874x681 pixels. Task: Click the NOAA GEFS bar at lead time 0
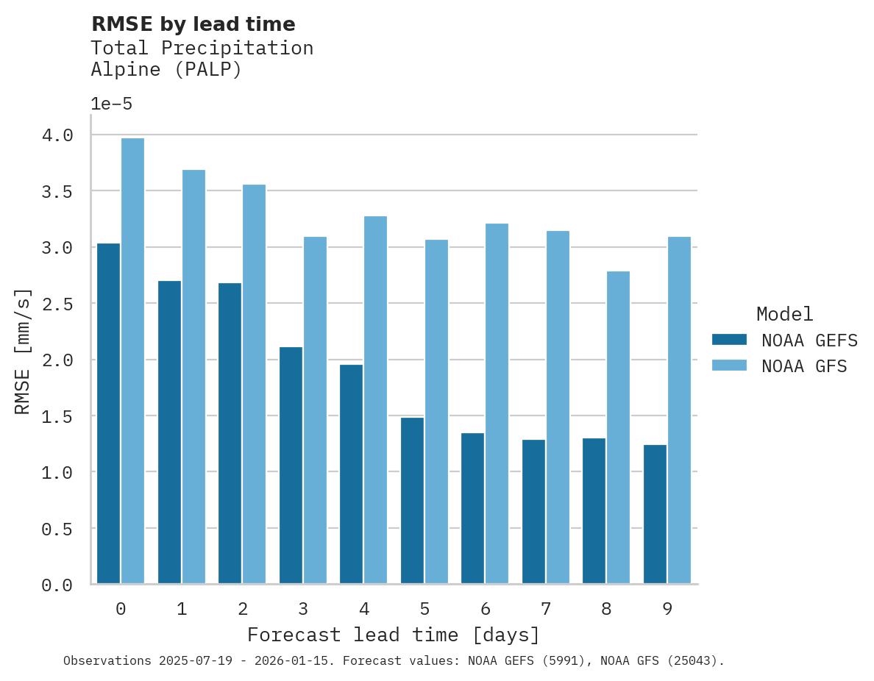click(x=108, y=413)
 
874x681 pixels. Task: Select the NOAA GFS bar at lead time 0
click(x=132, y=361)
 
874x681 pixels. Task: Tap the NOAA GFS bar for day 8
click(x=618, y=427)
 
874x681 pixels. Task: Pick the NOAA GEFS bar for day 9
click(x=655, y=514)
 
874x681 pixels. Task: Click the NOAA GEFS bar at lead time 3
click(x=291, y=466)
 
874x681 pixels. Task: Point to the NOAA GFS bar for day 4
click(x=375, y=400)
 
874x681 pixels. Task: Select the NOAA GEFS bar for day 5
click(x=412, y=501)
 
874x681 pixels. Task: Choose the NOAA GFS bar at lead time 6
click(x=497, y=404)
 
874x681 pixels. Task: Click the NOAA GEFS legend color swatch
click(x=729, y=340)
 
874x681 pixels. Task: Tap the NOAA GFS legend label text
click(x=804, y=366)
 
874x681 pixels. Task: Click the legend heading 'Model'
click(x=784, y=314)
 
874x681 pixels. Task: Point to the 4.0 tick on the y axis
click(x=57, y=135)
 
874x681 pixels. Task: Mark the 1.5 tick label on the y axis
click(x=57, y=416)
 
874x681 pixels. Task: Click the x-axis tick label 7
click(x=545, y=609)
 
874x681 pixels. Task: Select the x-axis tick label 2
click(x=242, y=609)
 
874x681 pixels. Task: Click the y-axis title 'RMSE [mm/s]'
click(x=24, y=352)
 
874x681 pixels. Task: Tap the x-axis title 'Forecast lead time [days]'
click(x=394, y=635)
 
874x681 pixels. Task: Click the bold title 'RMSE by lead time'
click(x=193, y=24)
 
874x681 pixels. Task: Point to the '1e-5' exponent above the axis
click(x=111, y=104)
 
